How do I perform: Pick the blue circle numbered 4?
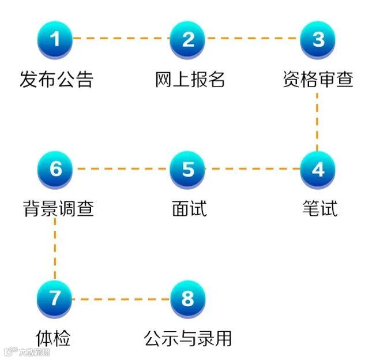318,169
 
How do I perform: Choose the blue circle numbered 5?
188,169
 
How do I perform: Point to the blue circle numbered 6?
55,169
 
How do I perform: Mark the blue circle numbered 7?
55,299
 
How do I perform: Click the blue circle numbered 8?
188,299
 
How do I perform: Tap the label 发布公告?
56,78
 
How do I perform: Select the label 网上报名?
190,78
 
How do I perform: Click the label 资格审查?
318,78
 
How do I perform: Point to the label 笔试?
319,208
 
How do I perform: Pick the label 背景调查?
58,208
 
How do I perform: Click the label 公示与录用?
188,338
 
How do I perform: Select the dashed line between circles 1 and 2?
122,39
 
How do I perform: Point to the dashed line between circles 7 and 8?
122,299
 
